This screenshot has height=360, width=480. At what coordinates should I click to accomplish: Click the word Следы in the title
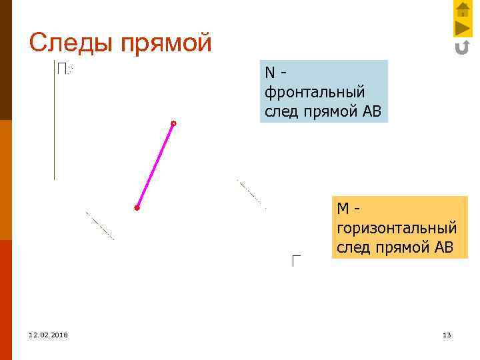[70, 43]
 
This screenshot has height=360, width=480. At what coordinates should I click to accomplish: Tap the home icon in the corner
[463, 9]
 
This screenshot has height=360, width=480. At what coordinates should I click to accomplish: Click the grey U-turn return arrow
[462, 47]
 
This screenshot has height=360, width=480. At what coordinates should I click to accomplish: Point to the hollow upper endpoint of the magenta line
[173, 123]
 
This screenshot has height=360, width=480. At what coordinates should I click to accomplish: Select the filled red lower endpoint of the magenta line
[137, 208]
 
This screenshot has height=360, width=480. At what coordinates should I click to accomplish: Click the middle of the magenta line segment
[155, 166]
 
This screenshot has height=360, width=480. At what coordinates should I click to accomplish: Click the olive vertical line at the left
[54, 120]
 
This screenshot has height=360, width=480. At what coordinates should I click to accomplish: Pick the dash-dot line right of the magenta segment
[251, 194]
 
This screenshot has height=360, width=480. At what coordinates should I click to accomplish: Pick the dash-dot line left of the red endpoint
[100, 226]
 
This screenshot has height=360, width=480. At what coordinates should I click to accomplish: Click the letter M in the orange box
[343, 209]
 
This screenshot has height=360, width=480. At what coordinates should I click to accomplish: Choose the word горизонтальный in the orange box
[397, 228]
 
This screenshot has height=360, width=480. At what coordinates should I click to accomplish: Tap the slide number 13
[447, 335]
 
